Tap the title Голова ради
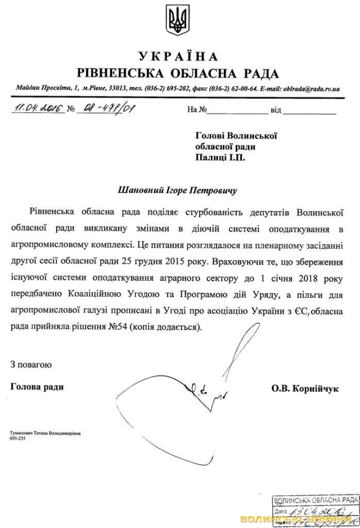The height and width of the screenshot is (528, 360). [x=37, y=387]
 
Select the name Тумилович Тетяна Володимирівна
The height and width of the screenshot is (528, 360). [x=46, y=433]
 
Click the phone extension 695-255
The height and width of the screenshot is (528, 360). [x=17, y=439]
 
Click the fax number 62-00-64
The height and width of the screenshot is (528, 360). [x=244, y=89]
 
